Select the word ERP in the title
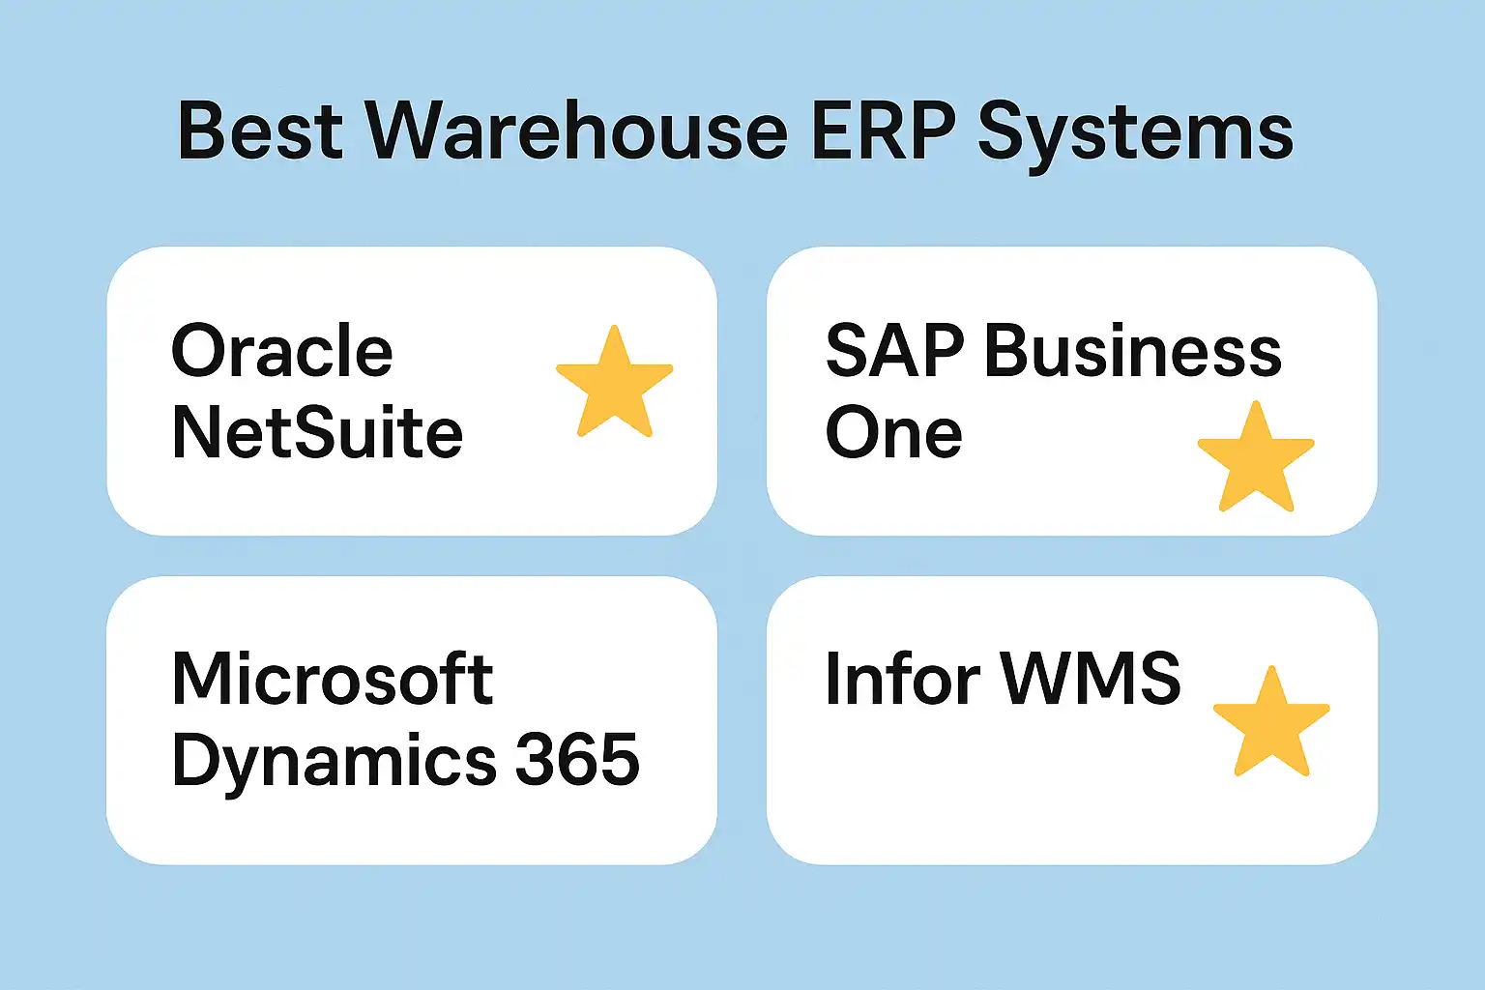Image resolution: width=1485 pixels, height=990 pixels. click(882, 131)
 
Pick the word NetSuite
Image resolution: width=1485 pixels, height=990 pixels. click(317, 432)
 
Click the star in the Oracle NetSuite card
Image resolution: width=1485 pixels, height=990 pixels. click(614, 383)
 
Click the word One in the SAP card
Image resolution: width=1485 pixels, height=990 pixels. click(893, 432)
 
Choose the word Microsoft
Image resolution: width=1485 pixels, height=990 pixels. click(333, 679)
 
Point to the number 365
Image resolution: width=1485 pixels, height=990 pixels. click(577, 760)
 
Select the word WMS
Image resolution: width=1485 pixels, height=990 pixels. click(1091, 679)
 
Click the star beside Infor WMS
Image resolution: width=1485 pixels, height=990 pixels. click(1271, 723)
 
